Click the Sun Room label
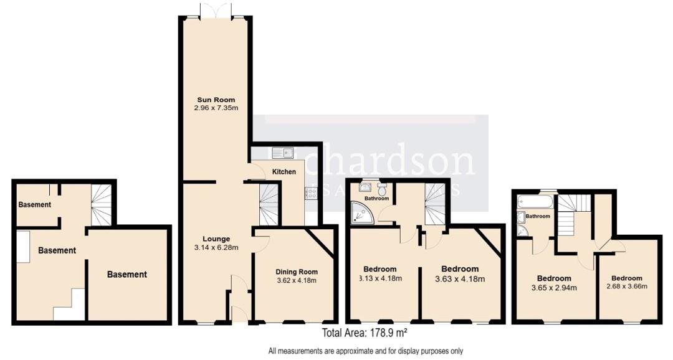[216, 100]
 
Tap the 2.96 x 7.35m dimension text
[216, 108]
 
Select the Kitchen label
[284, 171]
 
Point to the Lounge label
[216, 239]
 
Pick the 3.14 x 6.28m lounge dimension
[216, 247]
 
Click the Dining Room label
[296, 272]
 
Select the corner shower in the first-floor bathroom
[361, 214]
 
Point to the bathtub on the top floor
[535, 202]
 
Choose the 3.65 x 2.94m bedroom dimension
[554, 288]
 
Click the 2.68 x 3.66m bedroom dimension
[626, 287]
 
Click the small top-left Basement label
[34, 204]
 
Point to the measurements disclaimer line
[366, 351]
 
